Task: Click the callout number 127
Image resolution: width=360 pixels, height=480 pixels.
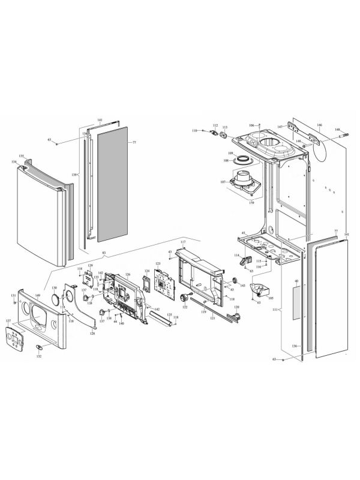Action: [x=8, y=321]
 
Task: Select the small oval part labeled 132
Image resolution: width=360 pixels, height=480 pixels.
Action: [x=39, y=347]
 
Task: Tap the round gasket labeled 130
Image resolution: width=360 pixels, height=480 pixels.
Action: [x=56, y=298]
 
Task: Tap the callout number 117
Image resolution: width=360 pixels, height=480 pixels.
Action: [x=183, y=242]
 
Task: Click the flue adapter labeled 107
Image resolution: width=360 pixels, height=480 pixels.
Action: [x=245, y=181]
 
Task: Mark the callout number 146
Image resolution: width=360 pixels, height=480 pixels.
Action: [x=320, y=125]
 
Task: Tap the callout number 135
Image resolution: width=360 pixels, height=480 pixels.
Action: [x=21, y=156]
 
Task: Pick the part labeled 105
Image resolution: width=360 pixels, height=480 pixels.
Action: [x=259, y=292]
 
